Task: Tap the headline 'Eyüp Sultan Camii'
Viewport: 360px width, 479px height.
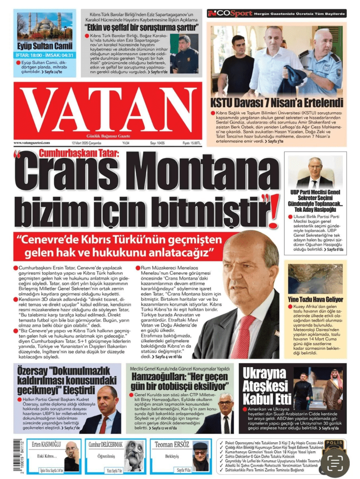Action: point(38,46)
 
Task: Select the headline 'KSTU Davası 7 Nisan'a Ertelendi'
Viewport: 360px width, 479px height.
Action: point(277,103)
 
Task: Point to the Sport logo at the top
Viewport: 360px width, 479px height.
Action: point(230,13)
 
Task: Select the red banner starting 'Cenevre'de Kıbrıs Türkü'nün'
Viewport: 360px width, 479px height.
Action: point(119,246)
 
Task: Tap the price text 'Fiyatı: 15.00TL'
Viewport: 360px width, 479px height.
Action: point(191,143)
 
